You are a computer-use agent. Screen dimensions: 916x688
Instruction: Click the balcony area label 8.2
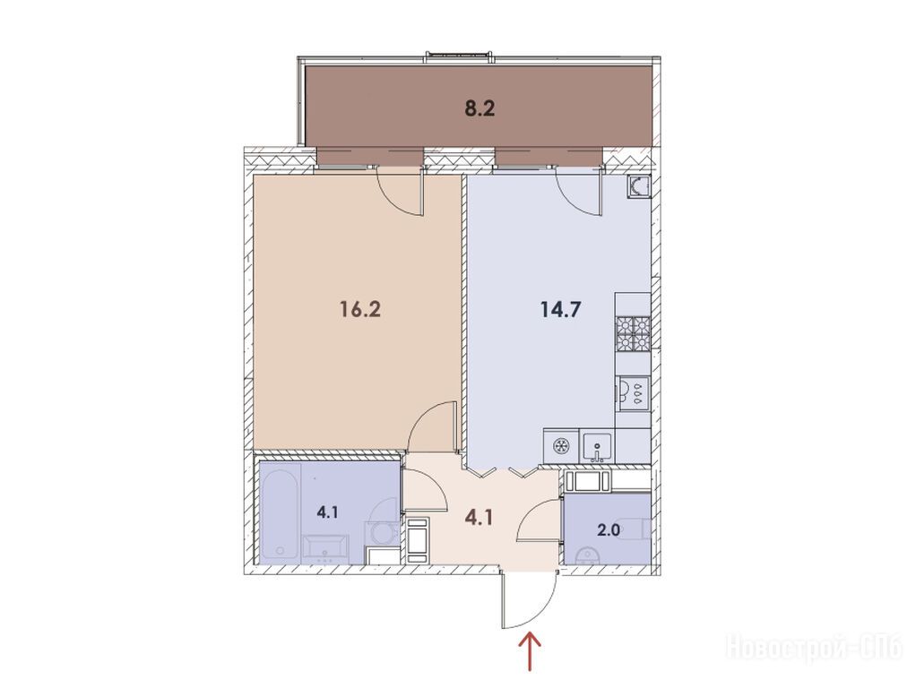pos(480,108)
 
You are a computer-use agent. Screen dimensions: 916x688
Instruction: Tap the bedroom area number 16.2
pos(360,309)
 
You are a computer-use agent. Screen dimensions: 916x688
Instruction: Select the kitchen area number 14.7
pos(560,309)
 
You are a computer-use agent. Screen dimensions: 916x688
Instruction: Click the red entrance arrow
pos(531,651)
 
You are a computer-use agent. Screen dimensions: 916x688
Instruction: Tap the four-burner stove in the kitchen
pos(634,335)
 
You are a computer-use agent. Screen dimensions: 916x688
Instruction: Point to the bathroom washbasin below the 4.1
pos(324,549)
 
